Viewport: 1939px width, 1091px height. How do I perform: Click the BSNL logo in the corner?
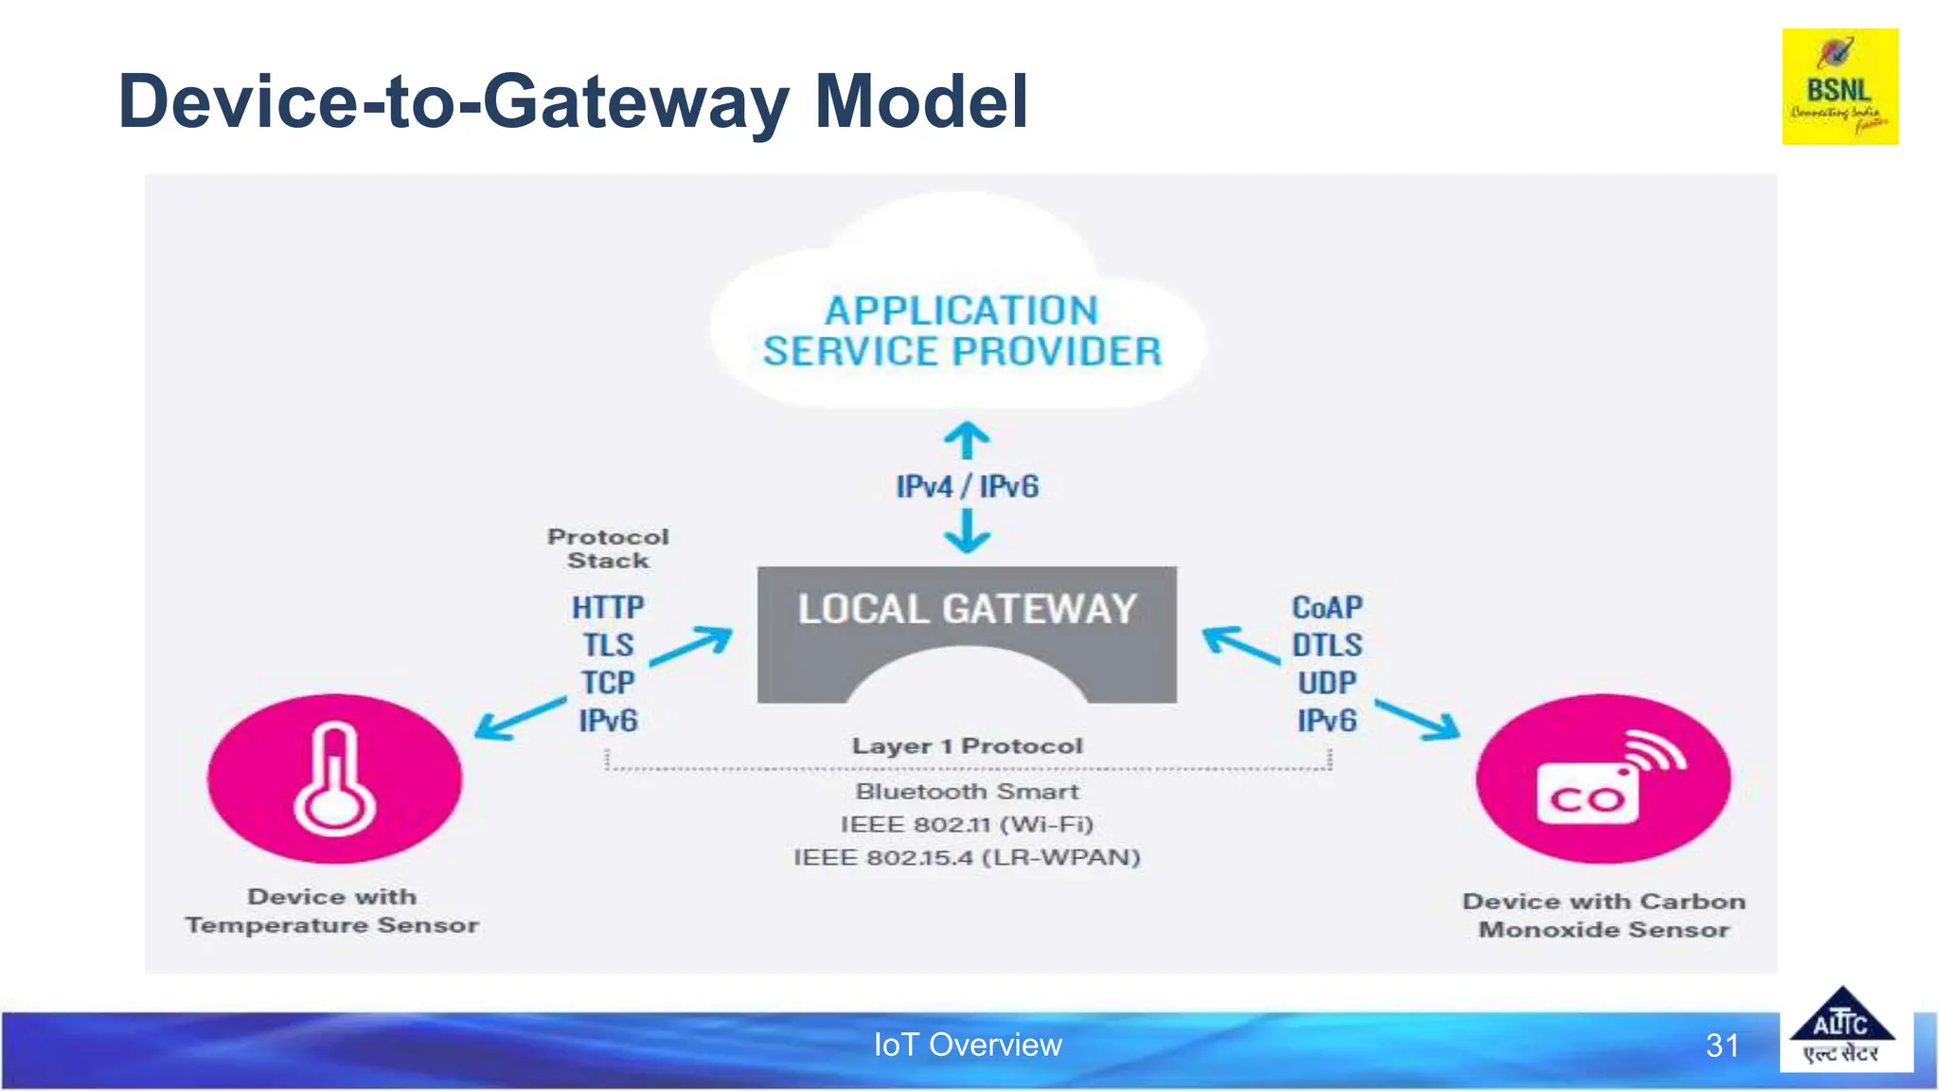[1840, 86]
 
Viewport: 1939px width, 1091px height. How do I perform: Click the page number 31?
[1722, 1046]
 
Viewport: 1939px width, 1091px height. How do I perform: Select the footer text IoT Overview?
[967, 1045]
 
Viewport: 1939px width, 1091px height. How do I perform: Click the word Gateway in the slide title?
[635, 102]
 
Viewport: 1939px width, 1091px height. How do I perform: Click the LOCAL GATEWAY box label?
[967, 609]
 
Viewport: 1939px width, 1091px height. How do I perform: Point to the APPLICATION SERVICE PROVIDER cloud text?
[962, 331]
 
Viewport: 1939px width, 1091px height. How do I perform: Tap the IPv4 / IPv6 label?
[967, 487]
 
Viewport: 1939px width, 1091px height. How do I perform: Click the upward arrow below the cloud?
[967, 440]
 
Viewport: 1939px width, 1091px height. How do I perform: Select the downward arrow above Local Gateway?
[967, 532]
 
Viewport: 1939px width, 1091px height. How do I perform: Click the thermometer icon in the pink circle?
[334, 778]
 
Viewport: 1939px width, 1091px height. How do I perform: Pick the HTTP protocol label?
[608, 607]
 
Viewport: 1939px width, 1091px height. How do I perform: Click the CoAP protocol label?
[1326, 607]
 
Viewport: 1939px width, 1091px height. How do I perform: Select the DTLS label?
[1326, 645]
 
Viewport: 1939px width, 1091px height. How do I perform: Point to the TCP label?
[608, 683]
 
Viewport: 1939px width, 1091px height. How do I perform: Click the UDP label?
[1326, 683]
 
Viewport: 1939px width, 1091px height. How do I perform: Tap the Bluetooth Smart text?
[967, 792]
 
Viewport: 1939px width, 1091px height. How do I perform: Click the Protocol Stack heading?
[608, 548]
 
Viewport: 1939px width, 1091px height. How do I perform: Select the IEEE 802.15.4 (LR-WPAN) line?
[967, 858]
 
